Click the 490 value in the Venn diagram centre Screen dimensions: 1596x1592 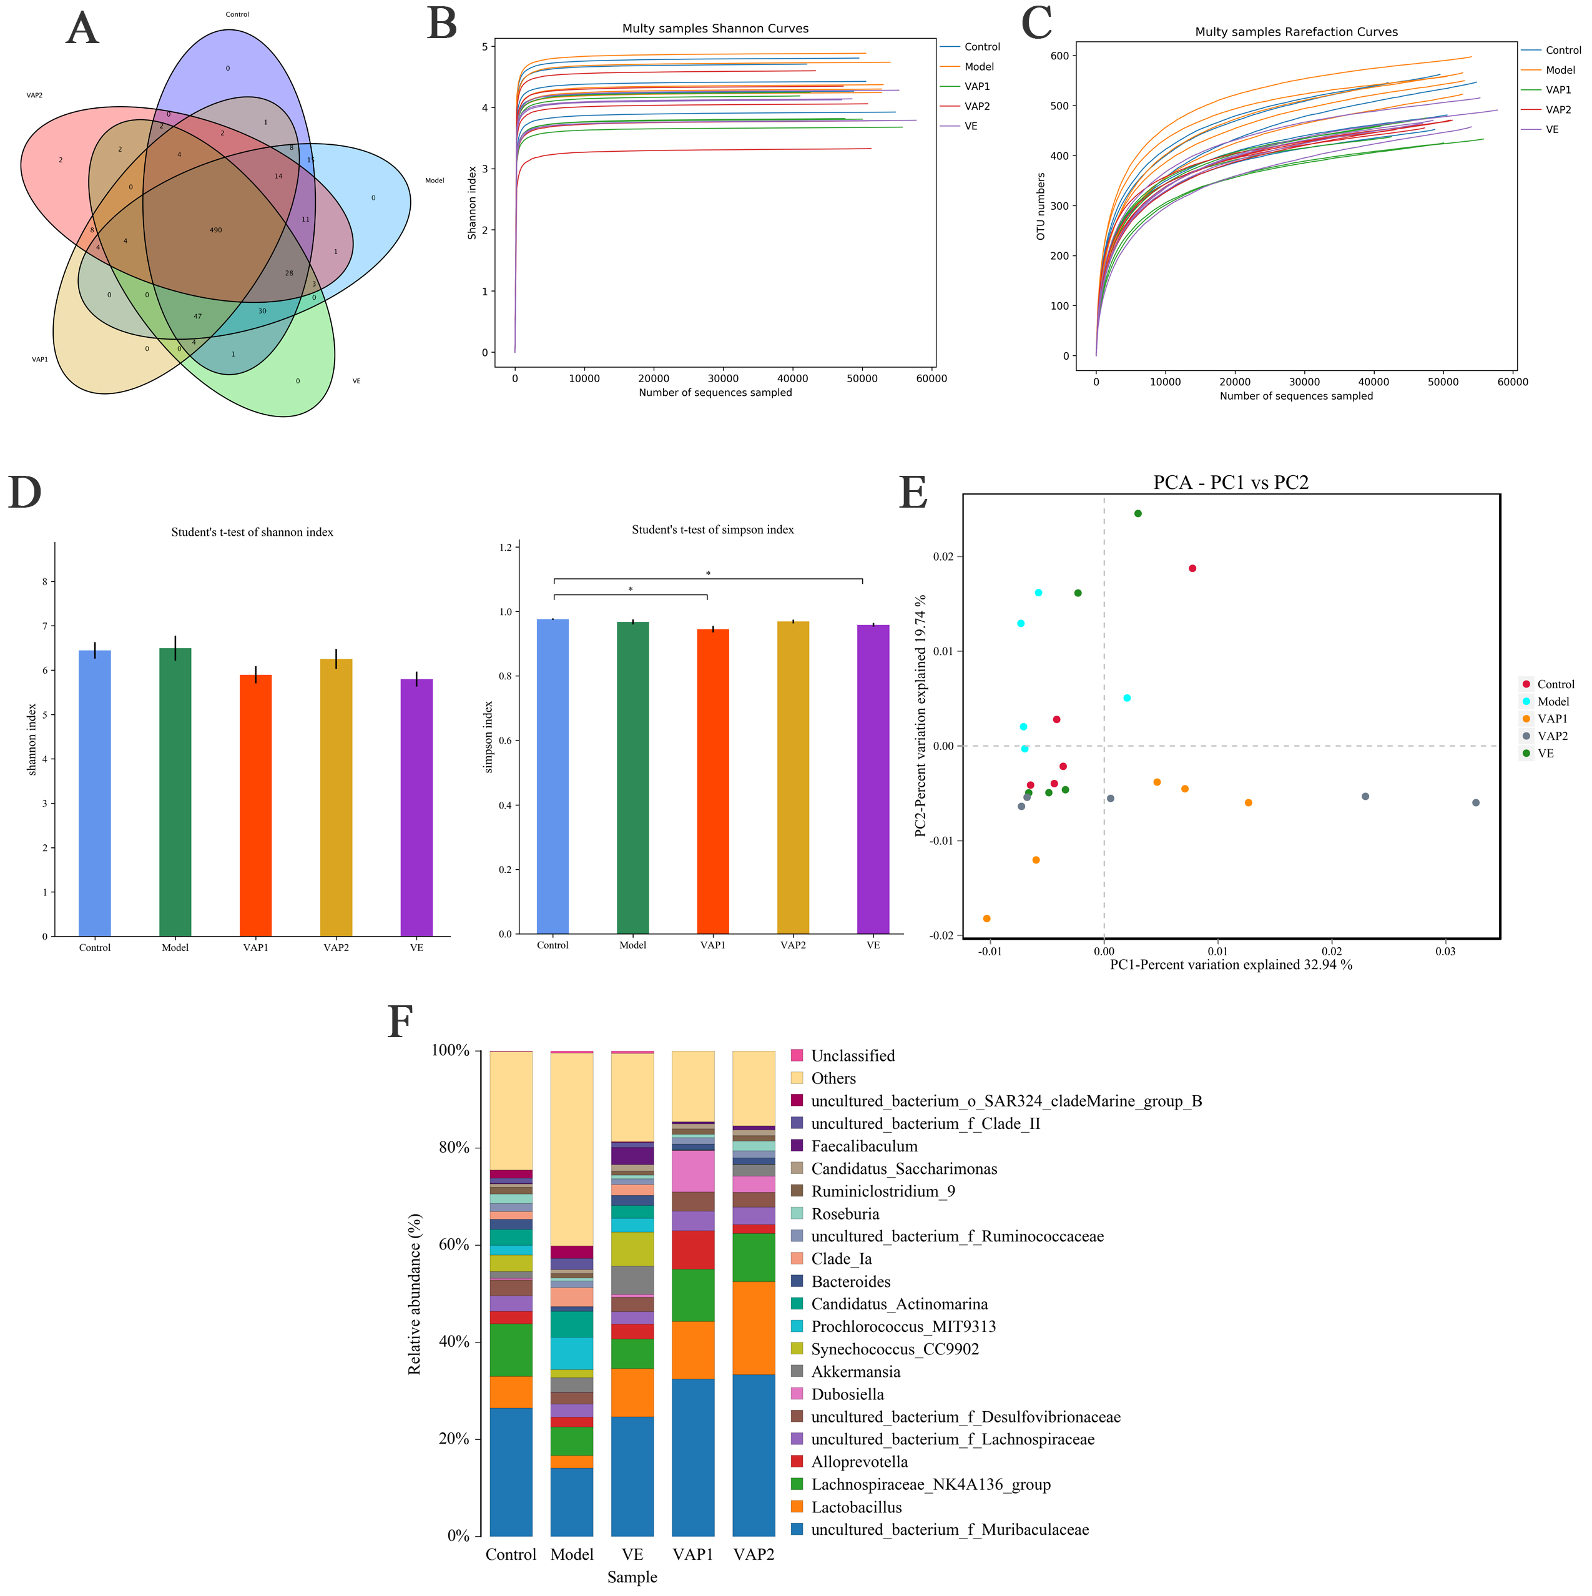tap(215, 230)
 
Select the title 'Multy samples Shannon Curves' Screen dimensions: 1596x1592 tap(715, 29)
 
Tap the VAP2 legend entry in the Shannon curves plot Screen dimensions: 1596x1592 tap(976, 107)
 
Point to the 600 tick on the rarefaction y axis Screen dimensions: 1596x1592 tap(1060, 56)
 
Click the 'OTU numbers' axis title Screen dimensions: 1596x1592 tap(1041, 207)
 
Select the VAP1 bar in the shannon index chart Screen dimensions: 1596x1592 tap(255, 805)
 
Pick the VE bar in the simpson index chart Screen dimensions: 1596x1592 tap(873, 779)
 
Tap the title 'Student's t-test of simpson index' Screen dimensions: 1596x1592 tap(713, 530)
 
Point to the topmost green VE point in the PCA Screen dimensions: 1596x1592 tap(1139, 514)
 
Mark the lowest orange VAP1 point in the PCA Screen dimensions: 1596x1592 tap(987, 919)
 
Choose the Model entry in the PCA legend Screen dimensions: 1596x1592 tap(1553, 701)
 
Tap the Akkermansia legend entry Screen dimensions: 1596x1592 tap(856, 1372)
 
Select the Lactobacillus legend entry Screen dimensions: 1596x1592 tap(856, 1507)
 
